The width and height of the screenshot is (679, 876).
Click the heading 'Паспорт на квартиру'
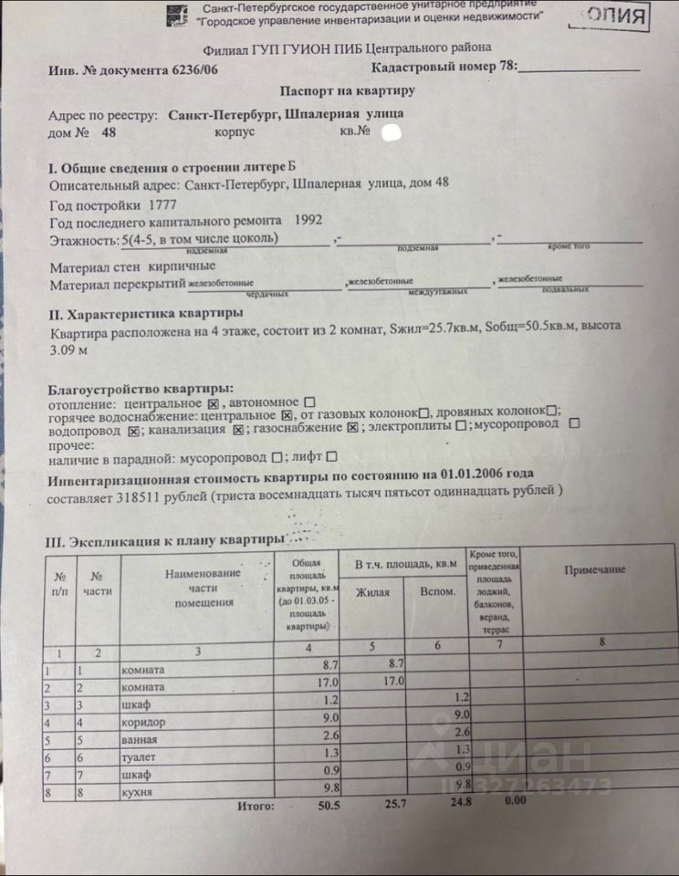click(347, 91)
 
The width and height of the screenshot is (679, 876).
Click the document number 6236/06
click(195, 69)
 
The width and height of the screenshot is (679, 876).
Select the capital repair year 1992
click(308, 221)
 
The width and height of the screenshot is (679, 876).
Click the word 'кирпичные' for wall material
click(184, 266)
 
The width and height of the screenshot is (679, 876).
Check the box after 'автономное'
click(309, 402)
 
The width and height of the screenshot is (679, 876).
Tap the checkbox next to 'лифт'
click(331, 457)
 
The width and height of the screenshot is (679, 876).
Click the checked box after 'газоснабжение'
click(352, 427)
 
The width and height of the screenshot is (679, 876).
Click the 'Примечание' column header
click(594, 570)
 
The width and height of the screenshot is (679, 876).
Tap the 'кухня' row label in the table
click(136, 793)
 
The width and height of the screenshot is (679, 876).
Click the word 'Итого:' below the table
click(256, 808)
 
